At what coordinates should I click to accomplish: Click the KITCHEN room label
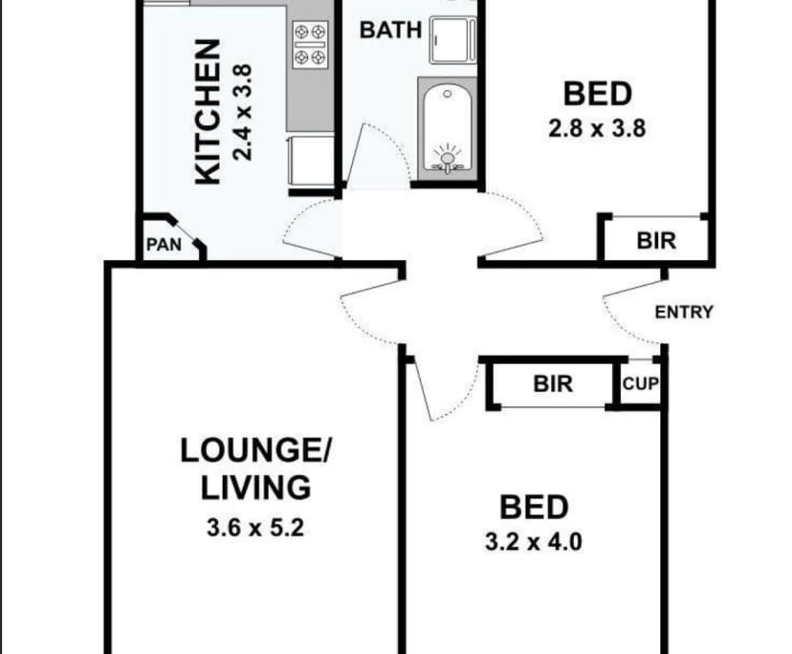[x=209, y=112]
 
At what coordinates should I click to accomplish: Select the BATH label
[x=390, y=30]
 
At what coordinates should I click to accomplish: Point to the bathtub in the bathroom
[x=446, y=129]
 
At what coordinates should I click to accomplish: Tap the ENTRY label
[x=683, y=312]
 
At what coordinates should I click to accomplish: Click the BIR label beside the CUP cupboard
[x=552, y=384]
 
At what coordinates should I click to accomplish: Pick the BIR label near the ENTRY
[x=655, y=240]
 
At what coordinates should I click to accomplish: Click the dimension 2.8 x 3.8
[x=597, y=128]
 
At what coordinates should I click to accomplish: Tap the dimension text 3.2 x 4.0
[x=535, y=542]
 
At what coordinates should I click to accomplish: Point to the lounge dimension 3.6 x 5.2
[x=254, y=527]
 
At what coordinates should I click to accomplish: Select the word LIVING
[x=255, y=488]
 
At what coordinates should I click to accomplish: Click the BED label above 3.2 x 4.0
[x=535, y=507]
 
